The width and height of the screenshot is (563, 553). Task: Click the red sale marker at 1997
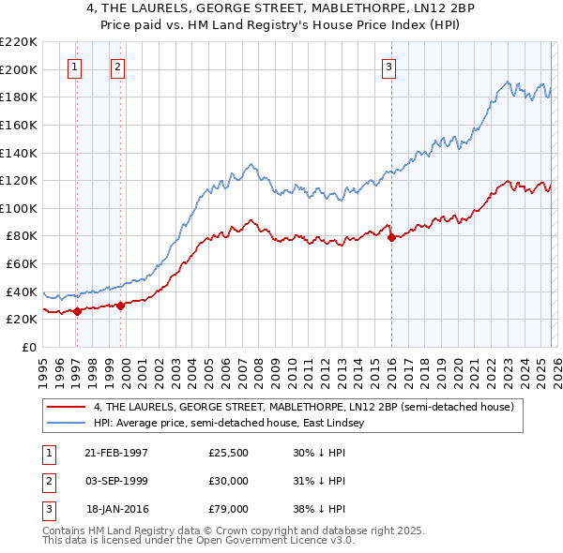(77, 312)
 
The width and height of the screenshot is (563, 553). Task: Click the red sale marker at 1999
(120, 306)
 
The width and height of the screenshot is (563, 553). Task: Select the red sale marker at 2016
(390, 237)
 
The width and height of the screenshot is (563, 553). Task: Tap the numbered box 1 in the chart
(74, 67)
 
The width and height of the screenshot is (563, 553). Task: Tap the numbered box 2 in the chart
(117, 67)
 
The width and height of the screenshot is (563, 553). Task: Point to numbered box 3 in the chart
(388, 67)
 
